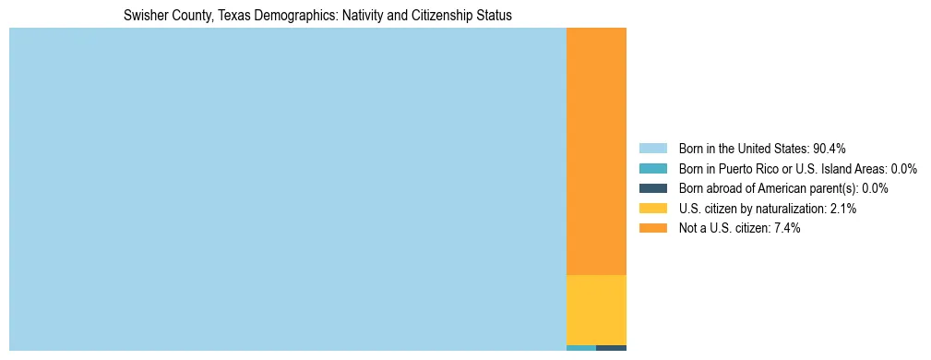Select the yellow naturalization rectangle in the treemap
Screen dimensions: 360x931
coord(596,310)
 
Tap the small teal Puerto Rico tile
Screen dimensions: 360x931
coord(580,348)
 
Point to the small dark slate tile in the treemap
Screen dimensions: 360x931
coord(611,348)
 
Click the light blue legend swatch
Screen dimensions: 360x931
coord(652,149)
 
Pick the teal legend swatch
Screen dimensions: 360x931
coord(652,169)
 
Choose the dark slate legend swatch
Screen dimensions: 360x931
coord(652,188)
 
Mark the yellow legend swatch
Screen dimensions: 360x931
coord(652,209)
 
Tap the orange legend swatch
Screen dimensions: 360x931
coord(652,228)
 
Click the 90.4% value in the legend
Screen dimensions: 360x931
coord(829,149)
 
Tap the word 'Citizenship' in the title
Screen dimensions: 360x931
coord(446,16)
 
